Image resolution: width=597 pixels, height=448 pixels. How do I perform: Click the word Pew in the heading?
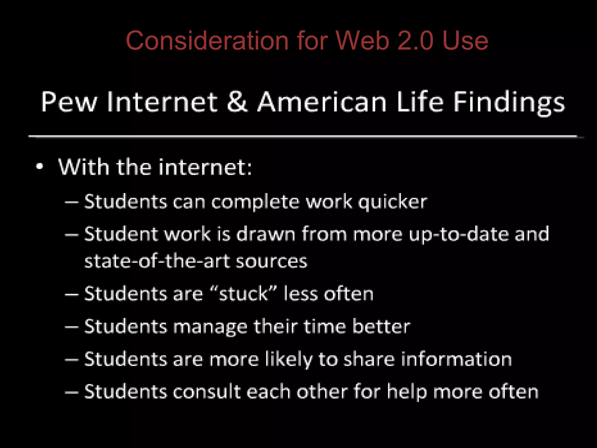[69, 102]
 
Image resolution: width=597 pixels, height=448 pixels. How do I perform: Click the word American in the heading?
[322, 102]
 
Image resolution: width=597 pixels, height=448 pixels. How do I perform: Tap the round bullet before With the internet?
[40, 167]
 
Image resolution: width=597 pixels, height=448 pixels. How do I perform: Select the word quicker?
[392, 202]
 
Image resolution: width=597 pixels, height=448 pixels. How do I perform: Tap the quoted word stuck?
[243, 293]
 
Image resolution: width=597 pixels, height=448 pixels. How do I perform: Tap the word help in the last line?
[407, 392]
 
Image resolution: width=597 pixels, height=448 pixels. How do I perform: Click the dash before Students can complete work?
[72, 202]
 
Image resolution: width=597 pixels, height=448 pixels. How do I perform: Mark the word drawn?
[266, 234]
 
